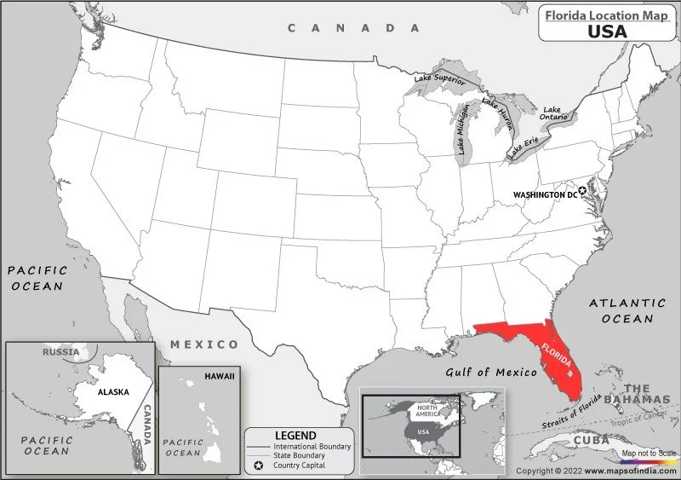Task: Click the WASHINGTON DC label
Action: tap(545, 194)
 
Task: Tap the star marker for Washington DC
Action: tap(583, 192)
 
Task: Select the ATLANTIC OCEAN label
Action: tap(627, 310)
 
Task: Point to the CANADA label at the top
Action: tap(354, 28)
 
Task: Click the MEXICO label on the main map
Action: tap(204, 344)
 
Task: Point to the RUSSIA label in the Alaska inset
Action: tap(60, 351)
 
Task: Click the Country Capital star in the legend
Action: tap(258, 466)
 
